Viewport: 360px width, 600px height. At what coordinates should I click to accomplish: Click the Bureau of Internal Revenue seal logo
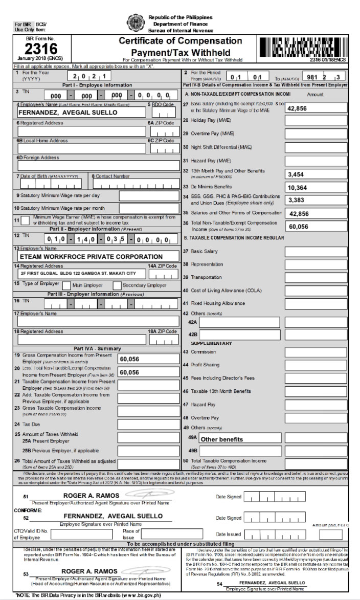click(x=136, y=23)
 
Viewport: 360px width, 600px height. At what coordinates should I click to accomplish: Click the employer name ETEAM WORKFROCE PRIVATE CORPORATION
click(x=91, y=256)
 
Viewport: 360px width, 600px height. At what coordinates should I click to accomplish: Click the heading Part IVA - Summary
click(x=90, y=348)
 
